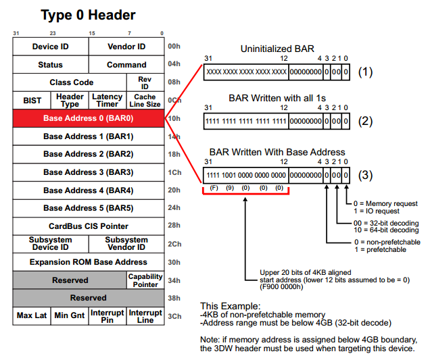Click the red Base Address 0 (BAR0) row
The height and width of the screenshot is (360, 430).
click(88, 118)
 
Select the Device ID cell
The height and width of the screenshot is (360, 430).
click(50, 47)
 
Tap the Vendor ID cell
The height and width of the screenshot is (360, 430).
click(126, 47)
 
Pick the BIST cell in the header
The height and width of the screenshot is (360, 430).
click(32, 101)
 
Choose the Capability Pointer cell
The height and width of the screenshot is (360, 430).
click(145, 280)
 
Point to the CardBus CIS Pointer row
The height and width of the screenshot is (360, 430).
click(88, 226)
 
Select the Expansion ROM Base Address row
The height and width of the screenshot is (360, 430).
click(88, 262)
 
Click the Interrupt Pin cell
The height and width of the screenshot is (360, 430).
click(107, 315)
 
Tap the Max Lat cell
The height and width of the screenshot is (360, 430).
click(32, 315)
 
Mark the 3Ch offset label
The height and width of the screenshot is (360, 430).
click(174, 316)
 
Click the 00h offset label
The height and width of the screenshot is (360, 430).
click(174, 47)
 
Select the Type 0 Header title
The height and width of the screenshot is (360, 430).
click(88, 15)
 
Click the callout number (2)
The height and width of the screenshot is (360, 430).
click(366, 122)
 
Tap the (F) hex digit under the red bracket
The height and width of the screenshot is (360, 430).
click(213, 187)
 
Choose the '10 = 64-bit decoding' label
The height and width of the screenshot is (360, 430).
click(385, 230)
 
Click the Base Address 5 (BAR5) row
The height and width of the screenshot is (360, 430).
click(88, 208)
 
